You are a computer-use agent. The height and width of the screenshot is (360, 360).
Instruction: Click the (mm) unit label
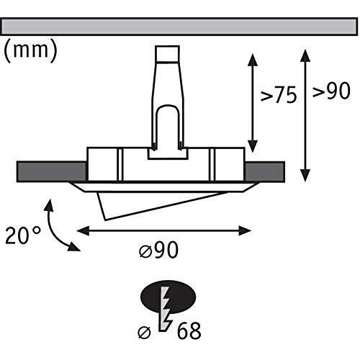30,50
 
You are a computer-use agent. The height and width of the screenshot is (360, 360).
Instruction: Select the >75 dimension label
279,95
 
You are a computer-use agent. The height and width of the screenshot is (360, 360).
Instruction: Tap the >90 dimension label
331,91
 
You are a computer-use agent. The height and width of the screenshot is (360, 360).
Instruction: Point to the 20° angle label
23,235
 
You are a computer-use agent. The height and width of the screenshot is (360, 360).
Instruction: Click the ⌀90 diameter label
158,250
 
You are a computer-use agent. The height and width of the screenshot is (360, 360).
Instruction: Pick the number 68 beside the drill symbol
189,331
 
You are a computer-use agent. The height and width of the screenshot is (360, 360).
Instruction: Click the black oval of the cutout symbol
168,297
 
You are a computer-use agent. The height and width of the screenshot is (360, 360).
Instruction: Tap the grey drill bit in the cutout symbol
165,309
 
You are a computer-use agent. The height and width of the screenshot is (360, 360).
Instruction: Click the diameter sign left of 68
144,333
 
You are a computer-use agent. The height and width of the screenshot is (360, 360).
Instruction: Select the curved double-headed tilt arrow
51,227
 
